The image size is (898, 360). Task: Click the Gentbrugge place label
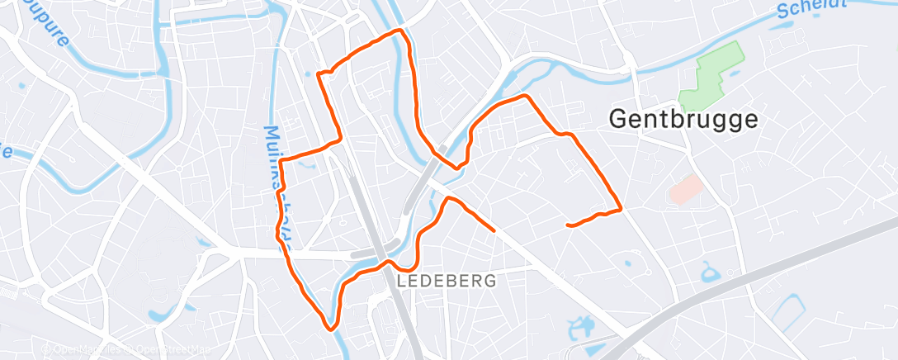[683, 119]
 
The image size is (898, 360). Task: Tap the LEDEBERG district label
[447, 281]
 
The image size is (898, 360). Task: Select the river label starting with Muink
[277, 182]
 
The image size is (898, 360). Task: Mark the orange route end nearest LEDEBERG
[494, 230]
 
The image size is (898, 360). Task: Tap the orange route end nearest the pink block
[568, 225]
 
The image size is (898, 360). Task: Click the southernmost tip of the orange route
[332, 329]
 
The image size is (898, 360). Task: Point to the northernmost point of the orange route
[401, 31]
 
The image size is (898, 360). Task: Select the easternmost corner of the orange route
[621, 210]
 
